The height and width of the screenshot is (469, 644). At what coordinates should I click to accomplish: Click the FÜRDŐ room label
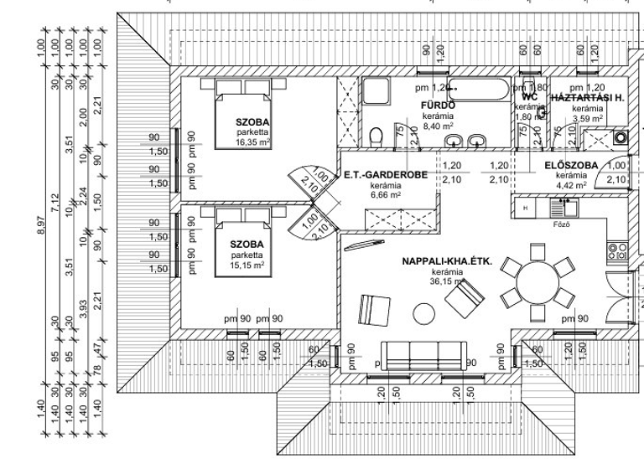437,106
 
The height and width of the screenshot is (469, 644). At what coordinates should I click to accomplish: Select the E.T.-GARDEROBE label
386,175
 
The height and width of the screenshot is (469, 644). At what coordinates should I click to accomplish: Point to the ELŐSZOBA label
570,165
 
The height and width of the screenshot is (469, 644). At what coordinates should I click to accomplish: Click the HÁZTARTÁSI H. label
587,98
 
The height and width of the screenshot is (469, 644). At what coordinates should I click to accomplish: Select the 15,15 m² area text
247,265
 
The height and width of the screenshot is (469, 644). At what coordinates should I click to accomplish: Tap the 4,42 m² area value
570,185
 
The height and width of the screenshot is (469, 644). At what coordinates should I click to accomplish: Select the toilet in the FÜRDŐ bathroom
377,133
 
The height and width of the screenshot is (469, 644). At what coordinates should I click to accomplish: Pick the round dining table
537,281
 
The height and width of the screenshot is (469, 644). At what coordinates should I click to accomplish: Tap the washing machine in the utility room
621,137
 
